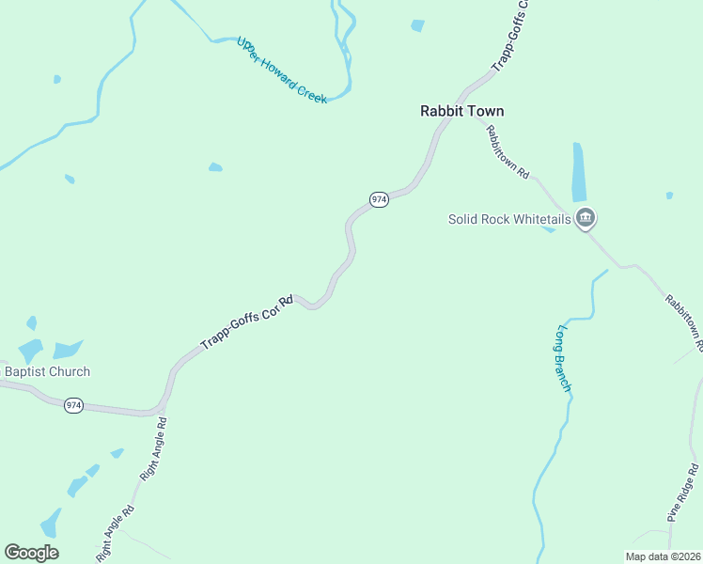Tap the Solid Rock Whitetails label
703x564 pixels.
509,219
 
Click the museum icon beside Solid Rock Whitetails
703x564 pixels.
586,219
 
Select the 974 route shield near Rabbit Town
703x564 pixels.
378,199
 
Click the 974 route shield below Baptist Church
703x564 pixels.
74,405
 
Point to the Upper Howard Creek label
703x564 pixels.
281,70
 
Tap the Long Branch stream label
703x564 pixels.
565,358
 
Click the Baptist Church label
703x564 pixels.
47,371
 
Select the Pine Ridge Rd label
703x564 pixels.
684,492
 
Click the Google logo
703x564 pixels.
31,553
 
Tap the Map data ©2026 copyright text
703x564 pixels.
663,556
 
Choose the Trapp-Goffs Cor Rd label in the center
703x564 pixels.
246,322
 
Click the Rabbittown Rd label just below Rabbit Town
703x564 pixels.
508,150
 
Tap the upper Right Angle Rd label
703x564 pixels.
153,450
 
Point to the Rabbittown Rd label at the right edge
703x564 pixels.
684,322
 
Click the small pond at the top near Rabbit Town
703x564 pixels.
417,25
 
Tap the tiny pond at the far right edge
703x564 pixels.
669,196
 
